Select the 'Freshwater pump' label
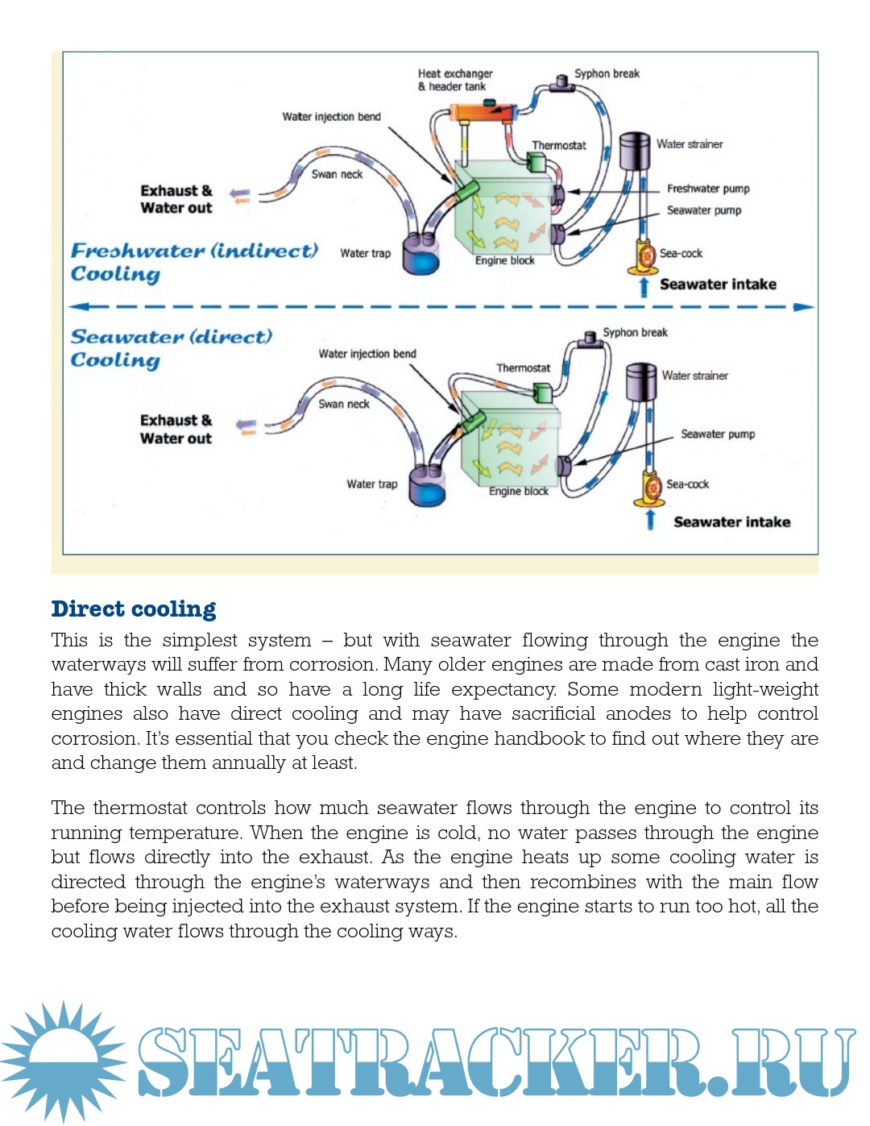coord(707,189)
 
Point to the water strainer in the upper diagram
coord(634,151)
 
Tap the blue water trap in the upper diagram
coord(420,252)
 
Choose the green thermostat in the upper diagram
coord(536,161)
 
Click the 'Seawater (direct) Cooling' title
coord(171,347)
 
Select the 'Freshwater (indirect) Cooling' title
coord(194,262)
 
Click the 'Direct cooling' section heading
coord(134,609)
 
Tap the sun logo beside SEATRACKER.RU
coord(63,1061)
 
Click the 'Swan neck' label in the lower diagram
coord(343,404)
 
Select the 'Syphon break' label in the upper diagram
coord(607,73)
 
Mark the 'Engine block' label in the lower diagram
coord(518,491)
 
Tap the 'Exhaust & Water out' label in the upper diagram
coord(176,199)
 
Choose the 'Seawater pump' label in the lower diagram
coord(717,434)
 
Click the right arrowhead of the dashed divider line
coord(803,307)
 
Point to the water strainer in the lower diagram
coord(641,382)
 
